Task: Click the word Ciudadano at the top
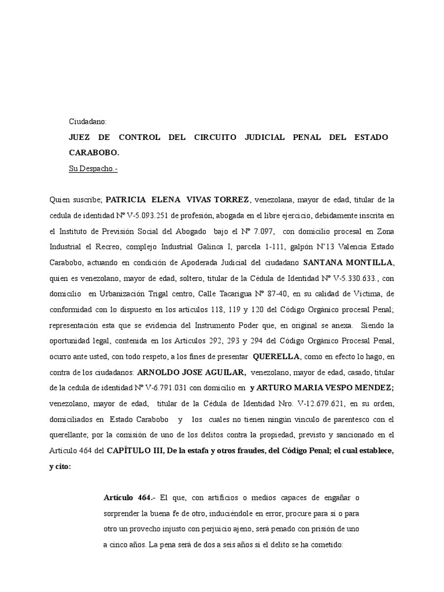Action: (x=88, y=121)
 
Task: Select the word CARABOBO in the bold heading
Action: (x=94, y=153)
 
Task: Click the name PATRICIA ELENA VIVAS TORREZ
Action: (x=178, y=200)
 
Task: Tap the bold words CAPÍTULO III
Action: (x=134, y=450)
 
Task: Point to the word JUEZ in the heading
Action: (x=80, y=138)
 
